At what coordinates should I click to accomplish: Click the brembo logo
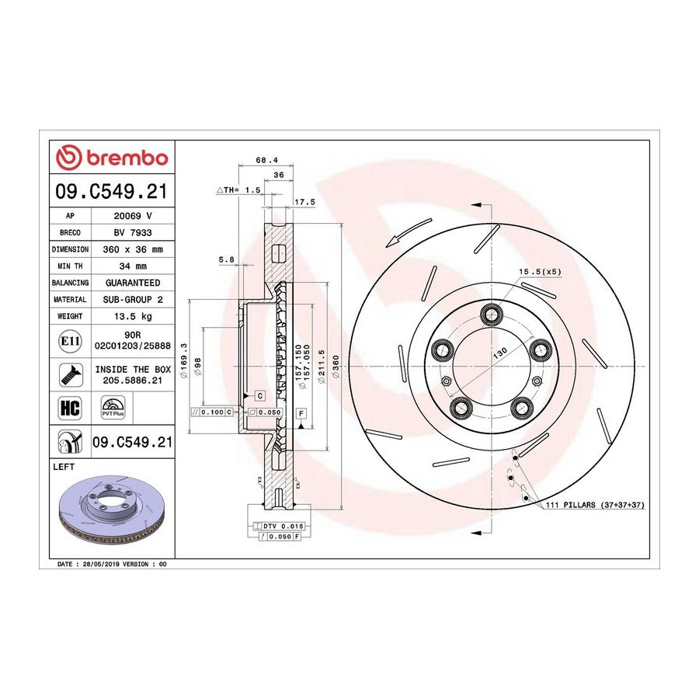(112, 158)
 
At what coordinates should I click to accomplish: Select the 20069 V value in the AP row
(133, 216)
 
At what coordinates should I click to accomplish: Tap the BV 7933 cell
(133, 233)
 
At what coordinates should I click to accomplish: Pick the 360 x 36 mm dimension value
(133, 249)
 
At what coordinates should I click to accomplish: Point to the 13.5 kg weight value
(133, 316)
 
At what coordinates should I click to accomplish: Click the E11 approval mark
(70, 342)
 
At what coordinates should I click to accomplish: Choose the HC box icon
(70, 408)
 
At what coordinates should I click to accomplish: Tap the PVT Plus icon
(113, 408)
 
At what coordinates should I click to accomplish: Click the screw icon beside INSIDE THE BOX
(71, 374)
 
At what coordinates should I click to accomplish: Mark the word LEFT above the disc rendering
(64, 467)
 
